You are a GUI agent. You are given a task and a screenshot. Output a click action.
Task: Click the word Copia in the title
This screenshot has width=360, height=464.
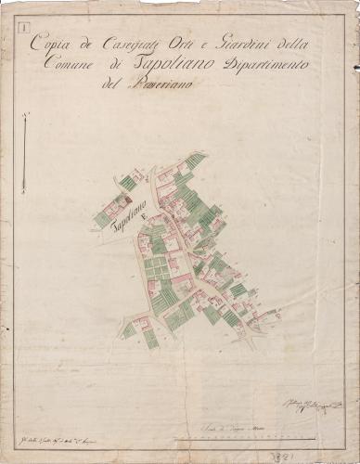coord(48,42)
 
